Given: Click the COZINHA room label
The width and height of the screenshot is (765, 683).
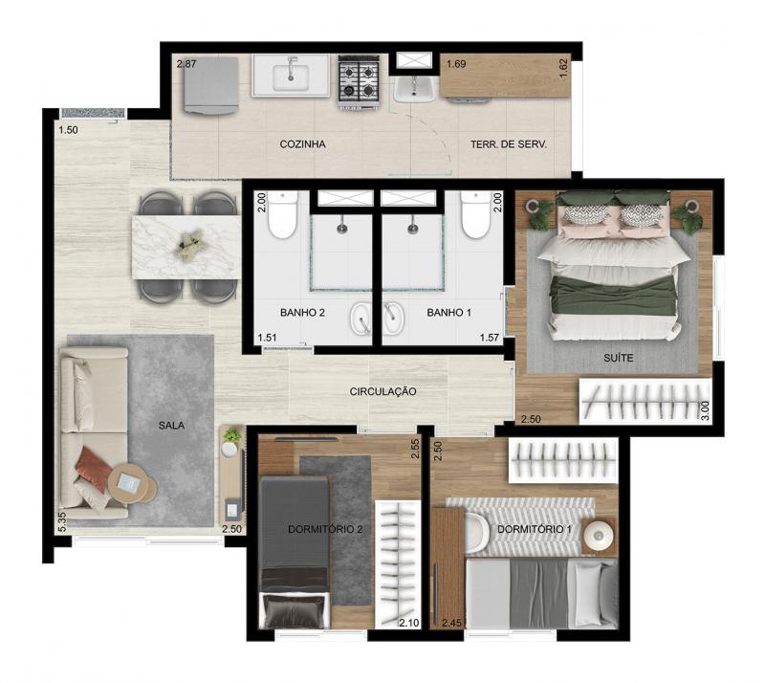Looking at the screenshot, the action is [x=302, y=144].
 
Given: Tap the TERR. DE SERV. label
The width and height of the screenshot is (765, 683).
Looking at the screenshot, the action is [x=509, y=144].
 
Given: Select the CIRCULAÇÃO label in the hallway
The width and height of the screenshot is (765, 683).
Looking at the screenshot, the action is [x=383, y=391].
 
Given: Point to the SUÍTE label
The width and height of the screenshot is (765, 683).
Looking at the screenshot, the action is [x=618, y=358].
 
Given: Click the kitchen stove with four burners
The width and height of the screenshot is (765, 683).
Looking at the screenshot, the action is [x=360, y=81].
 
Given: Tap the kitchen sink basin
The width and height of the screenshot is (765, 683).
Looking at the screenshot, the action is [x=291, y=78].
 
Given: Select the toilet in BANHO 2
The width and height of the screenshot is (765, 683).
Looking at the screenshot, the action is [x=282, y=215].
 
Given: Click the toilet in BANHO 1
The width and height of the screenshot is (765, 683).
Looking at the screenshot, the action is [x=476, y=215].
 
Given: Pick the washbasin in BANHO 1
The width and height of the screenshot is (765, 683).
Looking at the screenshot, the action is [x=393, y=319].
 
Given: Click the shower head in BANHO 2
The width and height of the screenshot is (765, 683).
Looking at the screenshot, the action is [x=342, y=227].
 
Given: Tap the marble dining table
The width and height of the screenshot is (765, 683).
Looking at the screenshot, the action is [x=186, y=247].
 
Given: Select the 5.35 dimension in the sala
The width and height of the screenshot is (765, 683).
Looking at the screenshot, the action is [x=62, y=522].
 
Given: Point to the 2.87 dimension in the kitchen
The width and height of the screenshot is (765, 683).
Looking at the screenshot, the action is [x=186, y=63].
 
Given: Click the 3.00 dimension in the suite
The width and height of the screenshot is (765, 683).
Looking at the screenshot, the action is [x=705, y=410].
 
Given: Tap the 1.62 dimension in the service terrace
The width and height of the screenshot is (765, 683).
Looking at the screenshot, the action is [x=563, y=68].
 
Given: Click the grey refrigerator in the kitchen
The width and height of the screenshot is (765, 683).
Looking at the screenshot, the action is [x=210, y=86].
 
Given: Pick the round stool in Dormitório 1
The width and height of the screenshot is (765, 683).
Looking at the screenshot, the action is [x=599, y=536].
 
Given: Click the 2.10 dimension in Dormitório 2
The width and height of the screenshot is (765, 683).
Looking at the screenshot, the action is [x=409, y=623].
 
